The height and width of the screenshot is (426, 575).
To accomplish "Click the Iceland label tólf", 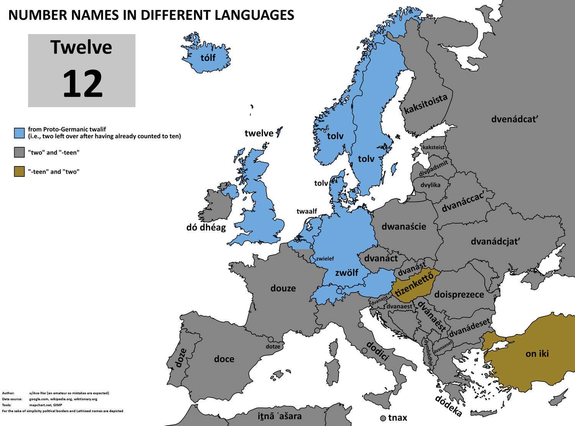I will click(x=208, y=58).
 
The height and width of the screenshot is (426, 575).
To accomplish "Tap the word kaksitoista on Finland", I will click(x=426, y=104).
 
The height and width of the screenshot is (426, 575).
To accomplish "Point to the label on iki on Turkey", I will click(x=537, y=354).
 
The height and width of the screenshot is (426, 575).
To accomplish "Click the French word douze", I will click(x=283, y=288).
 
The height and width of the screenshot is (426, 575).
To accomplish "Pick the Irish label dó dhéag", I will click(x=206, y=227).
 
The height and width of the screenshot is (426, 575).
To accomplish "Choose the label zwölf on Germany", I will click(x=347, y=273).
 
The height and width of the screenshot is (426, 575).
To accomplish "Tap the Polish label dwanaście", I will click(x=404, y=226).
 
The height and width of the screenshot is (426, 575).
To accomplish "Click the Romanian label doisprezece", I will click(x=459, y=295).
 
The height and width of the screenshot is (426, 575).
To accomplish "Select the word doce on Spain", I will click(x=224, y=359).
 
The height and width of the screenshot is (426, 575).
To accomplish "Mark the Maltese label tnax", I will click(x=398, y=418).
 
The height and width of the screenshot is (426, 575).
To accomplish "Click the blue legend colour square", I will click(x=20, y=133).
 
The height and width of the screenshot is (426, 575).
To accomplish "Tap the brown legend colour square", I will click(x=20, y=171).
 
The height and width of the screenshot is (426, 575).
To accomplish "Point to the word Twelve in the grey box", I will click(x=81, y=47).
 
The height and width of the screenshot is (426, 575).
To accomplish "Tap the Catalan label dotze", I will click(x=273, y=347).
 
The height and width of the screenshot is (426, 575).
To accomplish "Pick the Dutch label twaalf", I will click(x=307, y=211).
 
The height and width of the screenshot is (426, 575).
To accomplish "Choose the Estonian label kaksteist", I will click(x=434, y=147).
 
